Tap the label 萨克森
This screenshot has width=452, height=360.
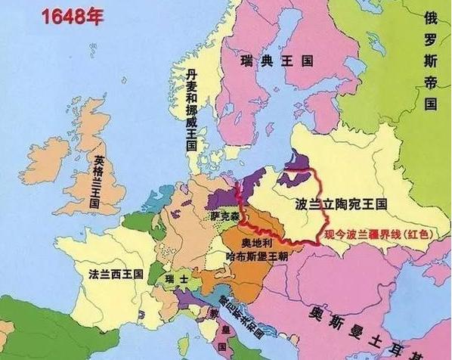pos(224,216)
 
